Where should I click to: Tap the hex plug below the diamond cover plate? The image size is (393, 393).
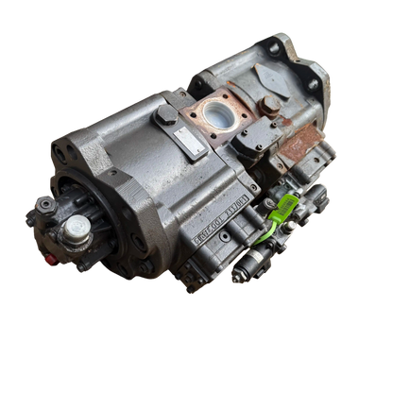click(x=268, y=106)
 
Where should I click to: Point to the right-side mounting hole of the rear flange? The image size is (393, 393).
click(x=312, y=83)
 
